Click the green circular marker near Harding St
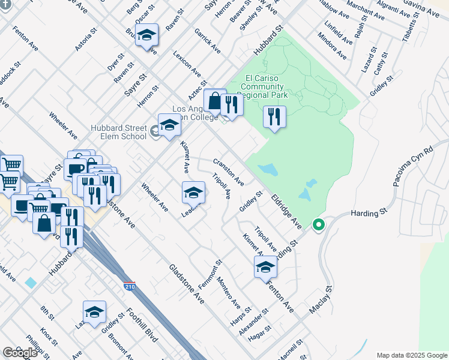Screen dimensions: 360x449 (319, 225)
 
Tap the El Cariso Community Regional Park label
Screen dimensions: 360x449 (267, 86)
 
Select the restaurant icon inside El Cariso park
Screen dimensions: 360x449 (274, 116)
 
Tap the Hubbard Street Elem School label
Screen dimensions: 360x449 (118, 132)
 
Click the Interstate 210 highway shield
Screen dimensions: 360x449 (129, 286)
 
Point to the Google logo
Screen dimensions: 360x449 (20, 352)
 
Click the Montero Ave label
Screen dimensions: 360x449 (229, 291)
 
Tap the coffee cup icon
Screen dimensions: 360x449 (76, 169)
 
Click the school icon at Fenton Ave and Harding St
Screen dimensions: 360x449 (265, 268)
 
